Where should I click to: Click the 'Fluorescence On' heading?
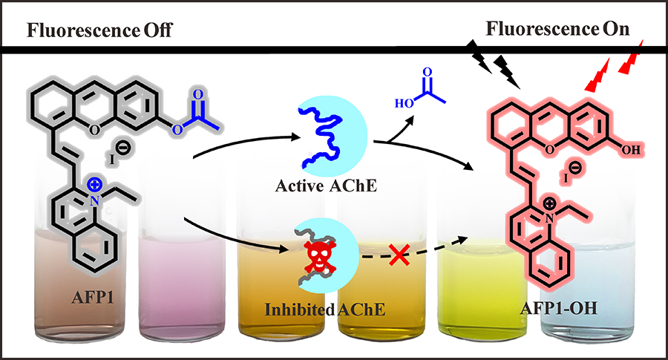pos(557,30)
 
